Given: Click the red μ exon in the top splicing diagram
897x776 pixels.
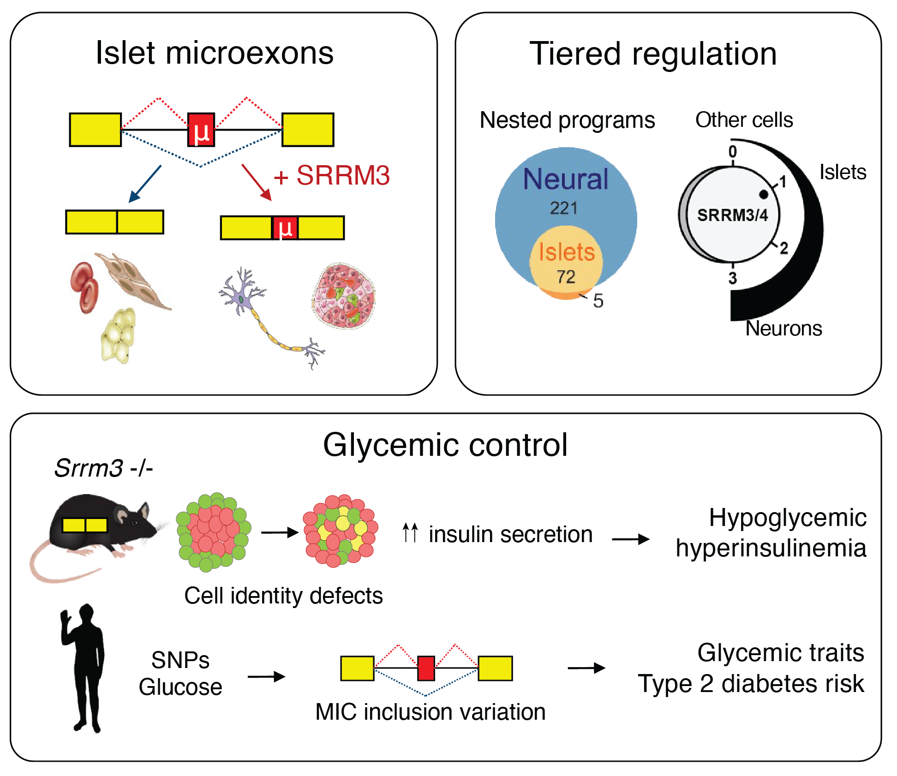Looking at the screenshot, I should click(201, 130).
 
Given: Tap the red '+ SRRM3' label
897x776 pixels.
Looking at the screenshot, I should click(332, 176).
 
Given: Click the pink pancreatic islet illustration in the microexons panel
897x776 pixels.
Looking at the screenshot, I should click(344, 296).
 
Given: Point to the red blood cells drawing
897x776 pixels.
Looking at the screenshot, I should click(84, 287).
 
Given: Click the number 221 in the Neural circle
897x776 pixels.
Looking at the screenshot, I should click(563, 208).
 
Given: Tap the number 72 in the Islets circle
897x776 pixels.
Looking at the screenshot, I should click(566, 277).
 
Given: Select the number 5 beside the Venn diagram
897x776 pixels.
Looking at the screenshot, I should click(598, 301).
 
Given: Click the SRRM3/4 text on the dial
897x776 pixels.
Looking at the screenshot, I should click(732, 215).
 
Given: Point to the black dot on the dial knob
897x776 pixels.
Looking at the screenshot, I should click(764, 195).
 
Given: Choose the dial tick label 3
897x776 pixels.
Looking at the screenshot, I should click(733, 278).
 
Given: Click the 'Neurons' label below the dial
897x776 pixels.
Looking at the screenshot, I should click(783, 329).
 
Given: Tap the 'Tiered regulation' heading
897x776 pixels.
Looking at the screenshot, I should click(653, 54).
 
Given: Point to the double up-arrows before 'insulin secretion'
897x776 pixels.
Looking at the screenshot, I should click(410, 533).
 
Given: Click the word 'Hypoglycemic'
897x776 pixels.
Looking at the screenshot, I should click(787, 518).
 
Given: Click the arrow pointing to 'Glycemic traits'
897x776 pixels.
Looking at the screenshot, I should click(586, 668).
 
